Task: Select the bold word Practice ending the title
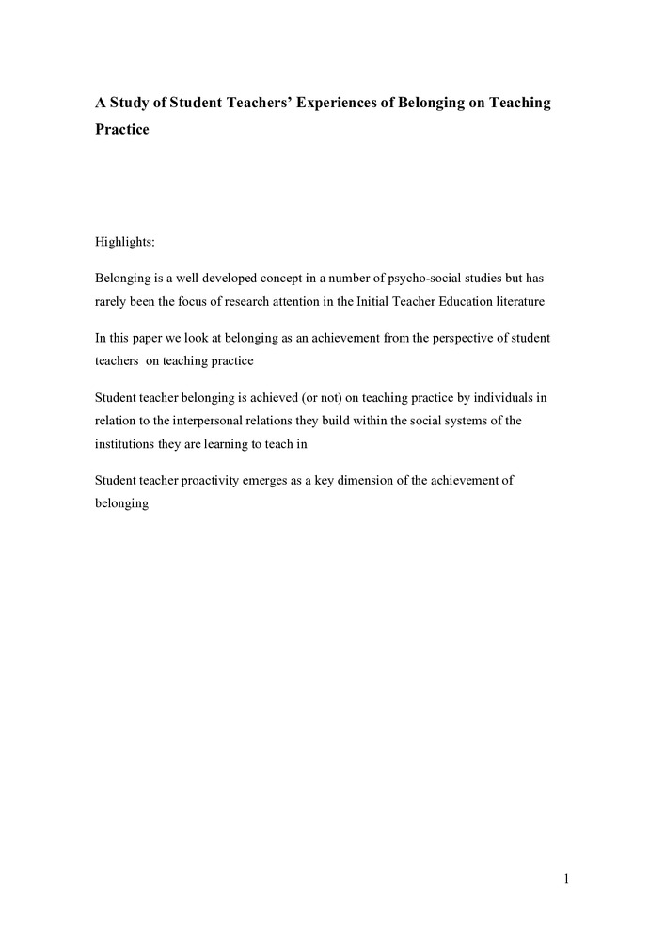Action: point(122,129)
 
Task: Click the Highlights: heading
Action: point(125,243)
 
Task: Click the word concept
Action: point(269,279)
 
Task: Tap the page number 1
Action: point(567,880)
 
